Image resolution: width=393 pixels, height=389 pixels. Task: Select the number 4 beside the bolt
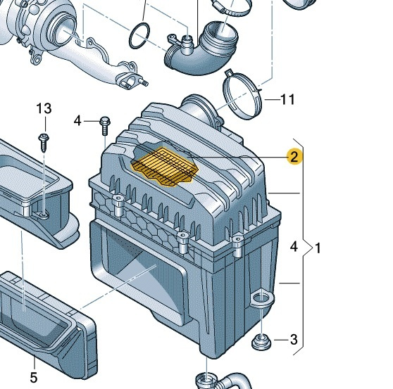click(77, 121)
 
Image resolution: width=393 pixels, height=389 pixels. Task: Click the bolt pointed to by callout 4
click(104, 125)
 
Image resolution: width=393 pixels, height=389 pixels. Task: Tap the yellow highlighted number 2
click(294, 156)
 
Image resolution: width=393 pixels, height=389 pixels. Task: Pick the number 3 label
click(294, 340)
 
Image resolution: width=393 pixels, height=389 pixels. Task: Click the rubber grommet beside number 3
click(261, 342)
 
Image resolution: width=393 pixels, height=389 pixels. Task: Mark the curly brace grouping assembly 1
click(306, 246)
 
